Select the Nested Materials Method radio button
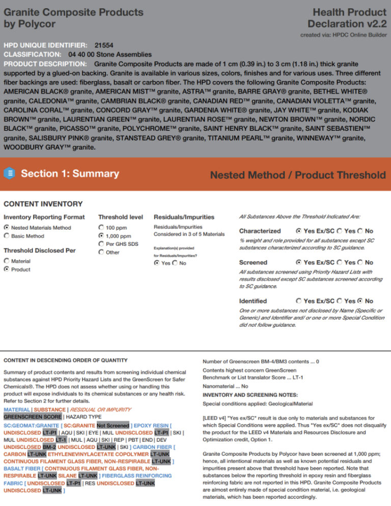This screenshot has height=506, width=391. click(7, 228)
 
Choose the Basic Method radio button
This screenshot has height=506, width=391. click(7, 236)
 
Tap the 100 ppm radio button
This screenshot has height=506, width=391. click(101, 228)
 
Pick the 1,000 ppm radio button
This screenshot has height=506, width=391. click(101, 236)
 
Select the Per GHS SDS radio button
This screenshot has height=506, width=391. click(101, 244)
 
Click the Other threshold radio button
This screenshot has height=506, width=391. click(101, 252)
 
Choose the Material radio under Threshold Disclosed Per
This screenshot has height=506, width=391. click(7, 261)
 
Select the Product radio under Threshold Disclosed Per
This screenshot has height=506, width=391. click(7, 269)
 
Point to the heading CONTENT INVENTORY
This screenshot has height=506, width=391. click(43, 204)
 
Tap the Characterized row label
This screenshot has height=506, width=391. click(260, 231)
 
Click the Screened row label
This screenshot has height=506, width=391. click(253, 262)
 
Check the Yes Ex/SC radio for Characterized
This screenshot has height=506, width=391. click(298, 231)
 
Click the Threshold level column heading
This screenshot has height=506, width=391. click(120, 217)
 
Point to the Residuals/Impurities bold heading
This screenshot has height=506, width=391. click(184, 217)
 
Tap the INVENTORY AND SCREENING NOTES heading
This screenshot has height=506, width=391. click(250, 395)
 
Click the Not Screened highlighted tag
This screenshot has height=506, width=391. click(113, 425)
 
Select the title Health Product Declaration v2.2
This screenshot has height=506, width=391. click(346, 18)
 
